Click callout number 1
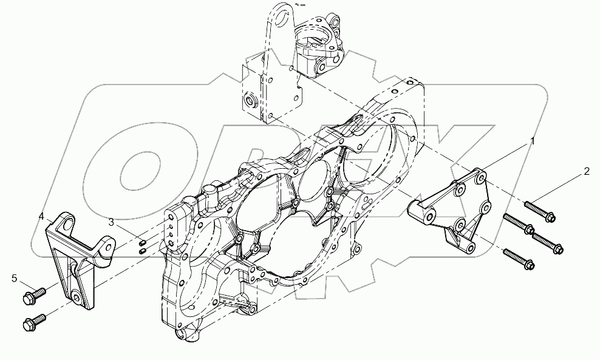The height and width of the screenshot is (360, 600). point(533,142)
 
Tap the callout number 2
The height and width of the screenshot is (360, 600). point(586,171)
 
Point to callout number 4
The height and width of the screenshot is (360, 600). point(41,216)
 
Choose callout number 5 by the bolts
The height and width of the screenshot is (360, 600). point(13,279)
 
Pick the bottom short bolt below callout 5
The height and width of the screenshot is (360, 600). point(35,321)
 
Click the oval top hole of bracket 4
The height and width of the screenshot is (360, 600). point(65,220)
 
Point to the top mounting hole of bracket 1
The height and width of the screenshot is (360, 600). point(481,178)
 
